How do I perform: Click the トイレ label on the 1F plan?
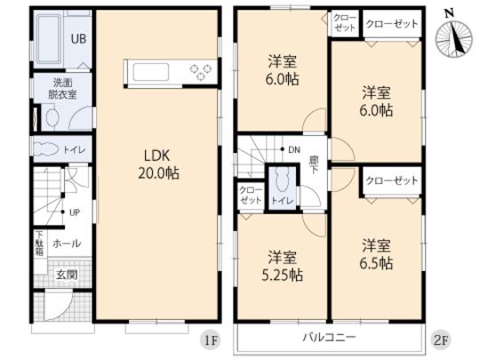[74, 149]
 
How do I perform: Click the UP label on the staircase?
[76, 212]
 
